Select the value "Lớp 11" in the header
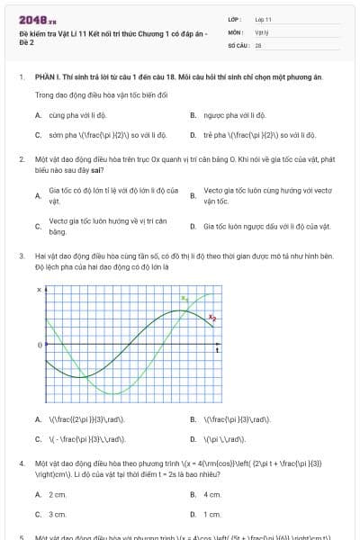[263, 18]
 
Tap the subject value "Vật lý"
[262, 31]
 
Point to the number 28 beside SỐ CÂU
[258, 43]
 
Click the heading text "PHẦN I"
[47, 77]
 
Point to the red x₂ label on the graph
[212, 317]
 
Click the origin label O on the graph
[39, 345]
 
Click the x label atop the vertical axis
[39, 290]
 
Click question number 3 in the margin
[21, 256]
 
